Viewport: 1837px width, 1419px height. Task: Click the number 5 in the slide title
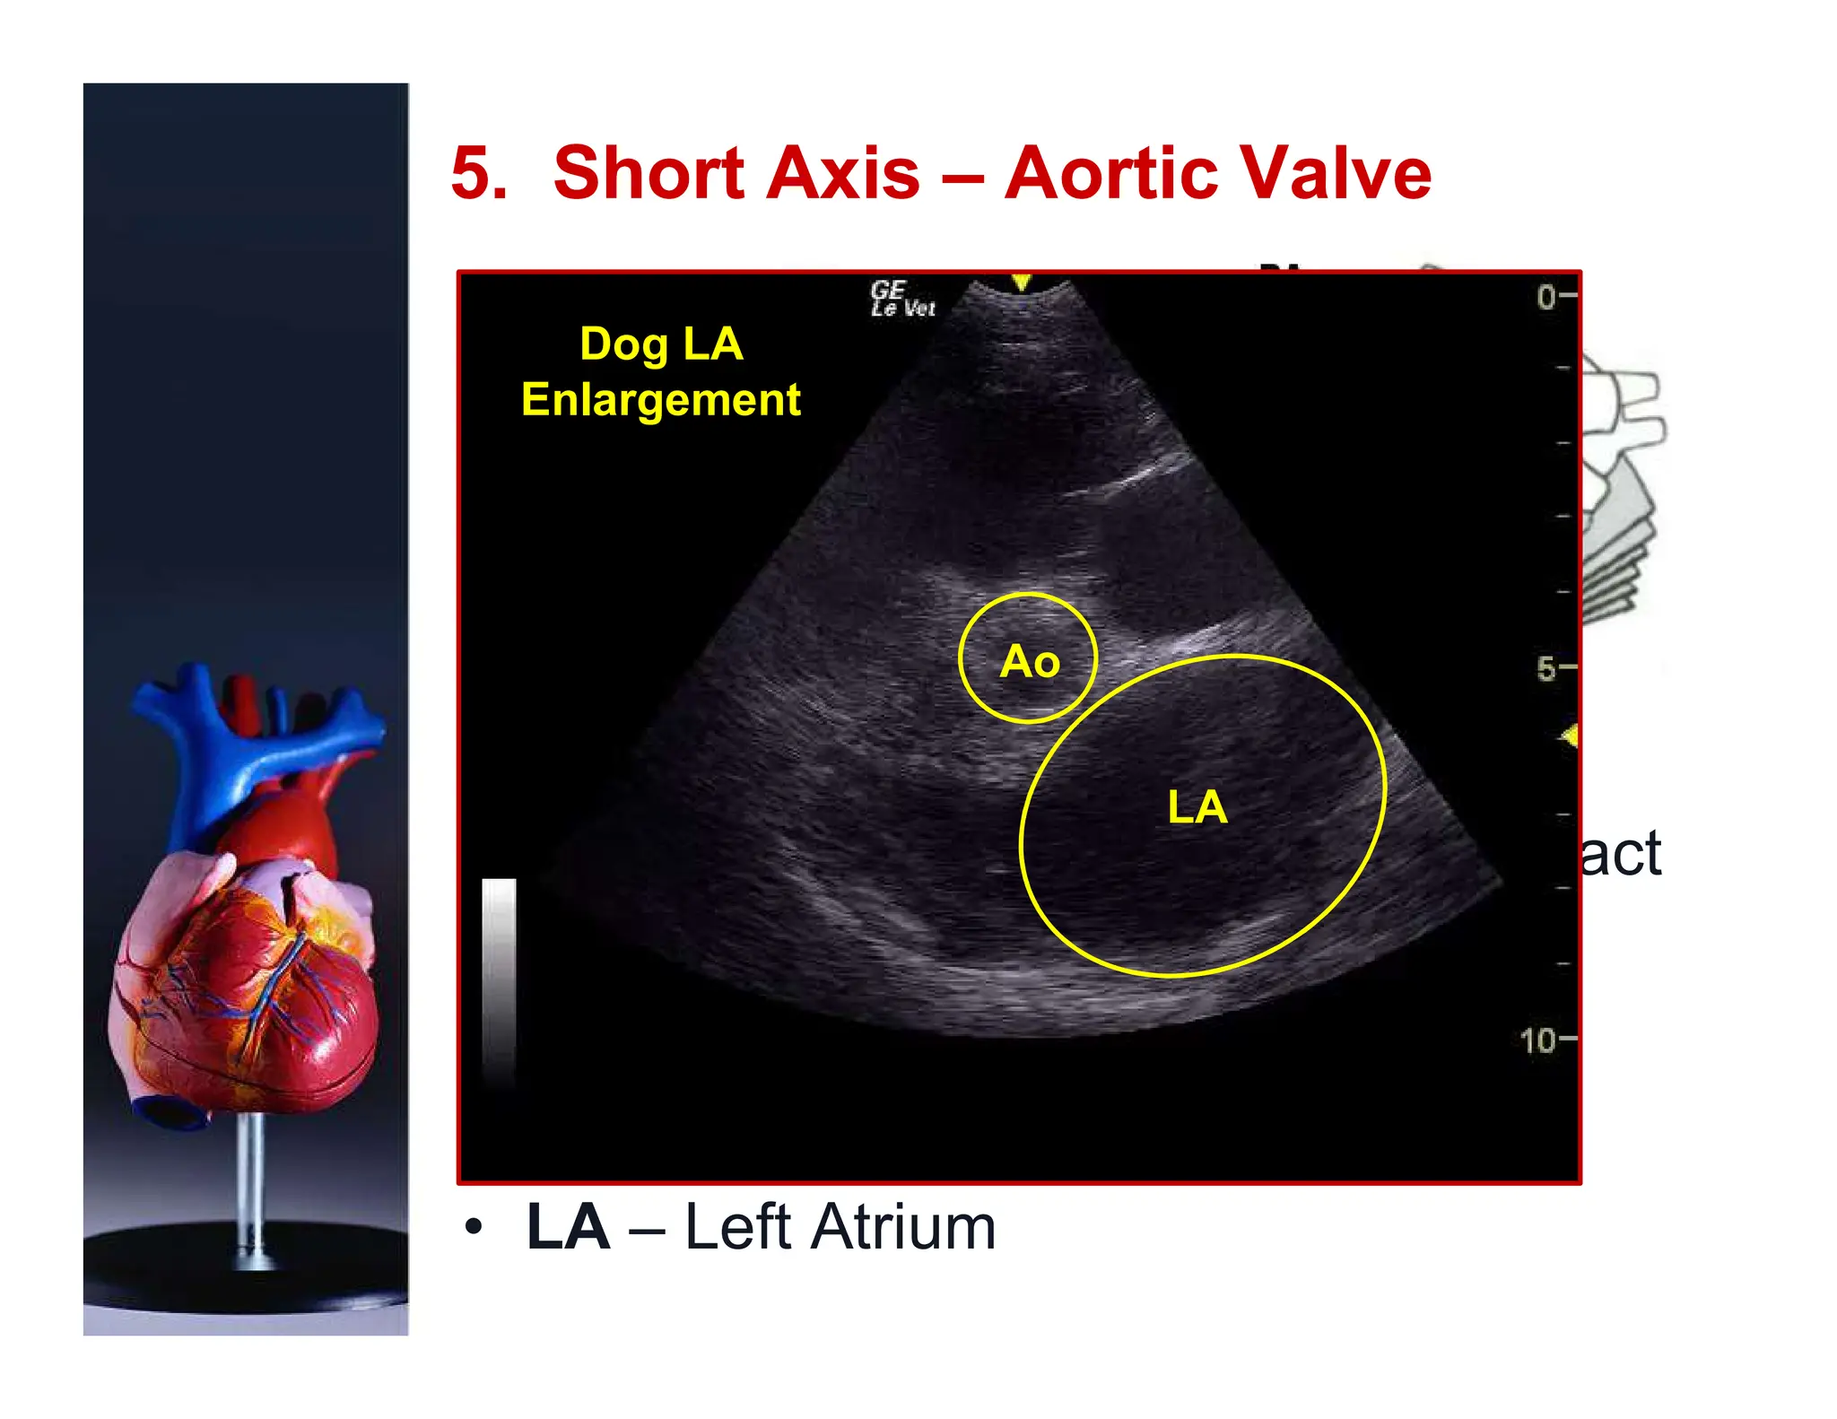point(478,172)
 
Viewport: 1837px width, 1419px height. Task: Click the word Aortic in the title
point(1106,172)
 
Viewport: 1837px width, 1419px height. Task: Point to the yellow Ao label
point(1030,662)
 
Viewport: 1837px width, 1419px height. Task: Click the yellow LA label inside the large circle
point(1197,807)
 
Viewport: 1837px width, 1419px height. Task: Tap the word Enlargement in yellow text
point(661,400)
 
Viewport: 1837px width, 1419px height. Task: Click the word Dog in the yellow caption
point(623,345)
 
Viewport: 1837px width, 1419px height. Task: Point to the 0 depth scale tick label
point(1545,297)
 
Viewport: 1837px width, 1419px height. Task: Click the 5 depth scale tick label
point(1545,668)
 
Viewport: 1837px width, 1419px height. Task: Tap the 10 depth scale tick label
point(1537,1040)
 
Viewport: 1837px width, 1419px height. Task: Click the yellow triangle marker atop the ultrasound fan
point(1021,283)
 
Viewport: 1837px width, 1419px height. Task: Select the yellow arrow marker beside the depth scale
point(1569,736)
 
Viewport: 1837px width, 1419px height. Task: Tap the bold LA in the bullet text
point(568,1227)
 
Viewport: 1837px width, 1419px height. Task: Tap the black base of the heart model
point(246,1274)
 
